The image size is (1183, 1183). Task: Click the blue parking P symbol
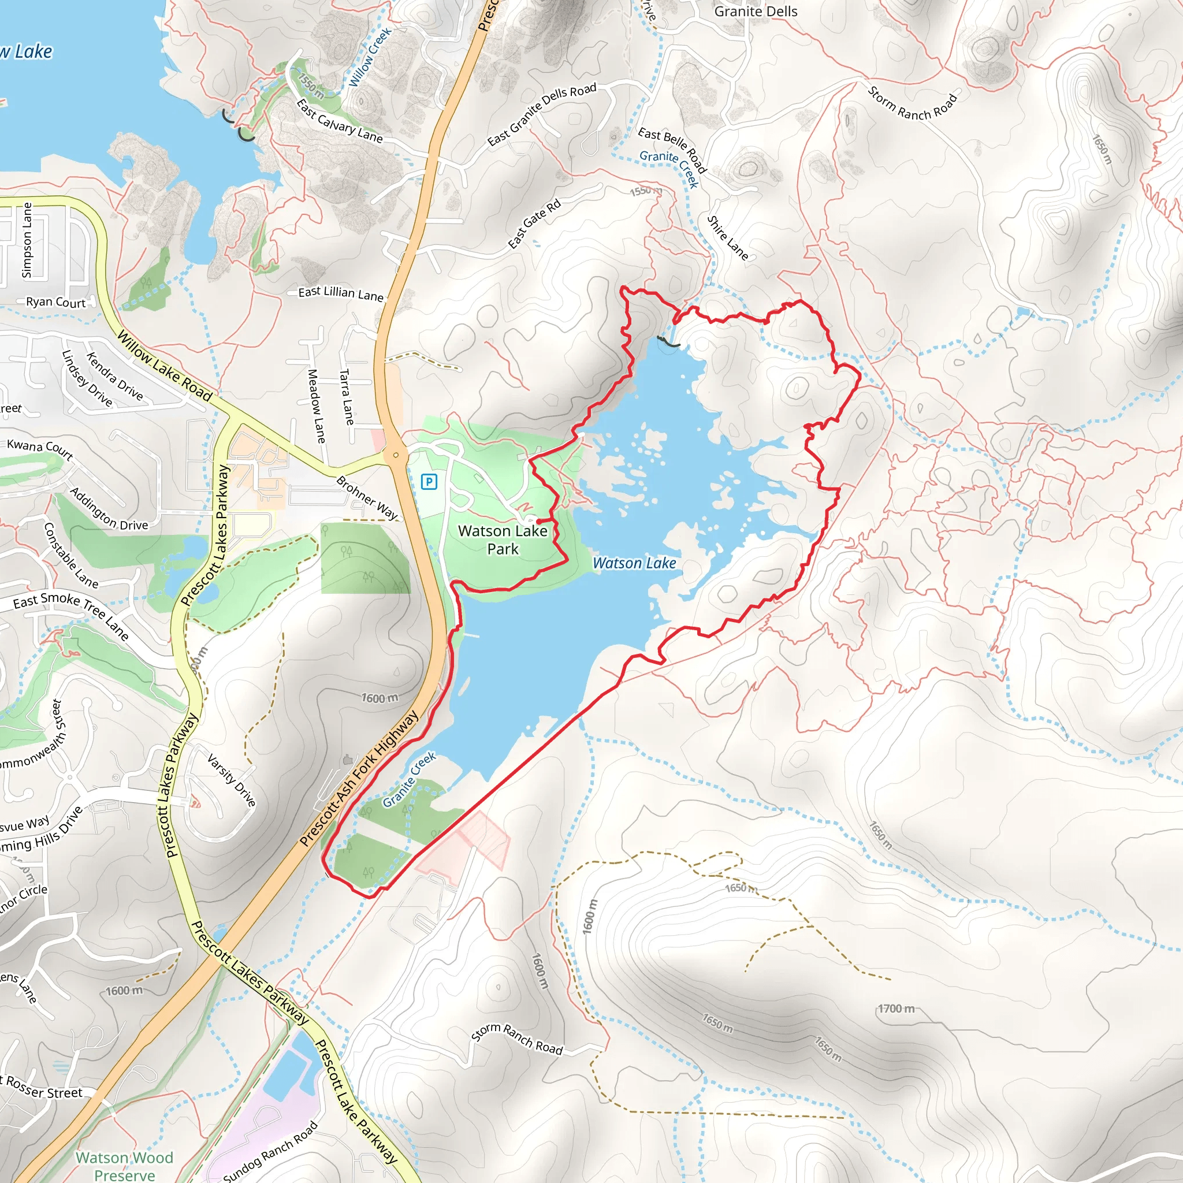tap(429, 482)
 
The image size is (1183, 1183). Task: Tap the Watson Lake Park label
tap(503, 540)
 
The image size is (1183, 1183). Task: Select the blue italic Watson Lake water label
tap(634, 563)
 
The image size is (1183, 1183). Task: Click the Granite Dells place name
tap(756, 12)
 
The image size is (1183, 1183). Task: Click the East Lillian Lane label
tap(340, 293)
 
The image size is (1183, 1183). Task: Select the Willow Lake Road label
tap(164, 366)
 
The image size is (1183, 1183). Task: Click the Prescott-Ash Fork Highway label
tap(359, 778)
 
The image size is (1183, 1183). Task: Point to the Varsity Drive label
tap(232, 780)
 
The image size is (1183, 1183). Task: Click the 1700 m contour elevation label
tap(896, 1009)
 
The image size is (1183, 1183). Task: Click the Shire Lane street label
tap(727, 237)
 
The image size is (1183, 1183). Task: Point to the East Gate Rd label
tap(534, 224)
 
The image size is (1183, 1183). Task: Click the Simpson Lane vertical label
tap(27, 240)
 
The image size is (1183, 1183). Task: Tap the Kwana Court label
tap(40, 449)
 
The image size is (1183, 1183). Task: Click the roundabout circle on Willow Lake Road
tap(396, 455)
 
